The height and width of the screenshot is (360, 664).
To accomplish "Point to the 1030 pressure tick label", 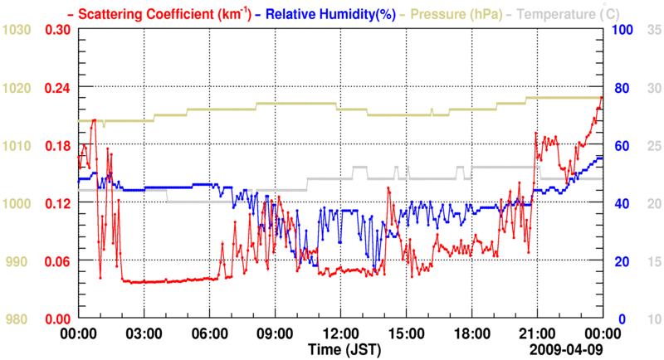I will point(17,30).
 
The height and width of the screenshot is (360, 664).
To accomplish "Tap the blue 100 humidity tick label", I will point(622,30).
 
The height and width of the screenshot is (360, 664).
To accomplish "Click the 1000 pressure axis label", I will point(17,203).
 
